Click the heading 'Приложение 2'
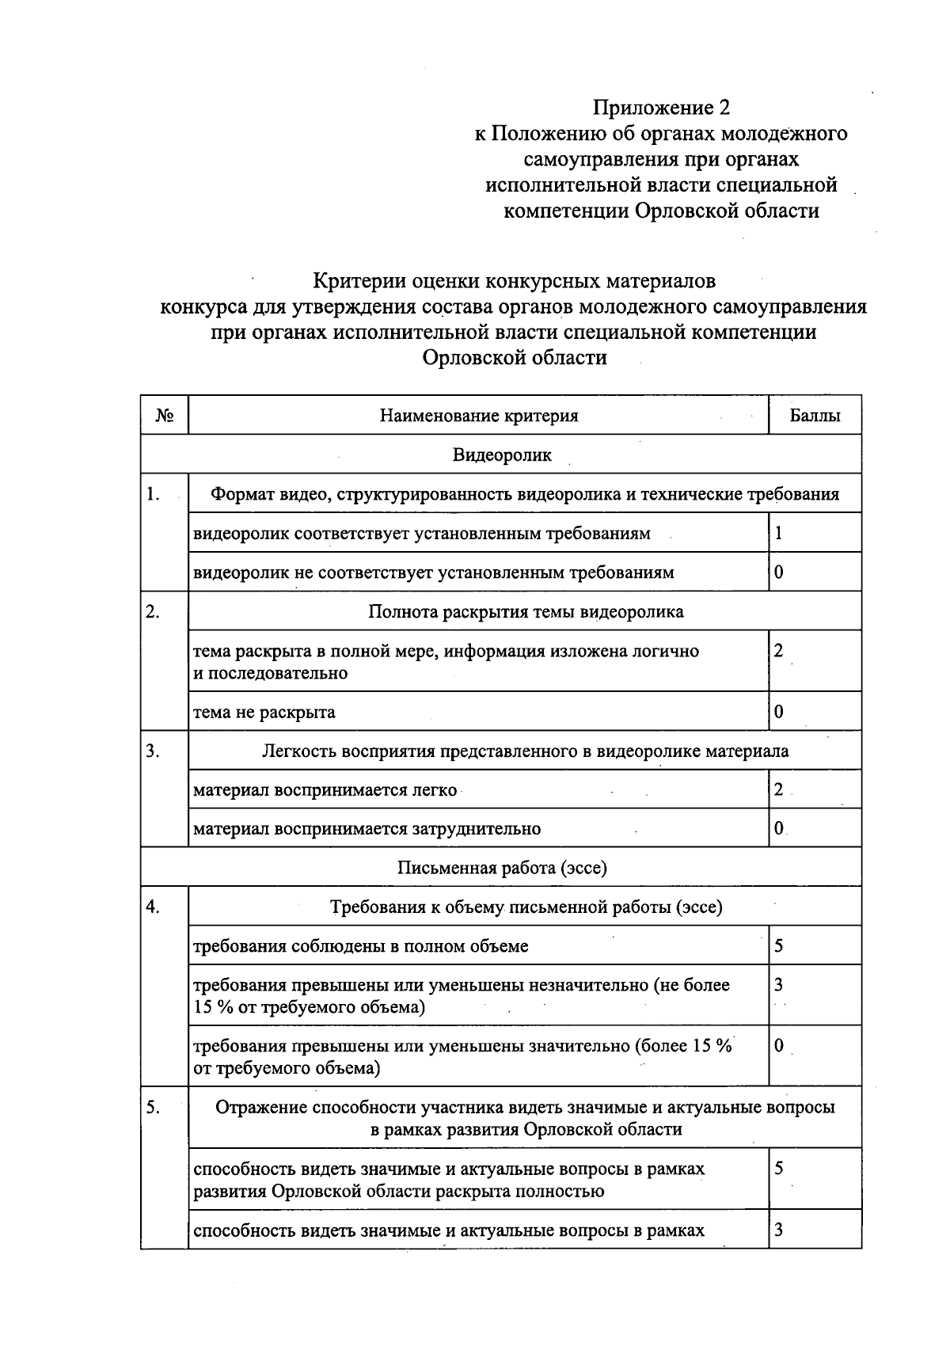click(661, 107)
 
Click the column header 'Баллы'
click(815, 416)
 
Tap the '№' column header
click(165, 416)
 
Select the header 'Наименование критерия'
click(478, 416)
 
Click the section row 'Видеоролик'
click(502, 455)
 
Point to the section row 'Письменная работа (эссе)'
click(502, 868)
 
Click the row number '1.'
click(154, 495)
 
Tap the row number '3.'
click(154, 751)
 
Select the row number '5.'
click(154, 1108)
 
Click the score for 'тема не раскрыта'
click(779, 712)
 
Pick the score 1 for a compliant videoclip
click(779, 534)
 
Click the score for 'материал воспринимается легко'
click(779, 789)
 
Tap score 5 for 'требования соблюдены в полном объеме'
click(779, 946)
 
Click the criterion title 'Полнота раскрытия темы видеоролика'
click(526, 612)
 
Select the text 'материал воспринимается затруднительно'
click(367, 829)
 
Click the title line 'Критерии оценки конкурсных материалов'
click(515, 281)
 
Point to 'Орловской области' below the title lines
click(515, 358)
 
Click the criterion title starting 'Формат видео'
click(524, 495)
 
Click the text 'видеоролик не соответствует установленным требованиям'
click(434, 572)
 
